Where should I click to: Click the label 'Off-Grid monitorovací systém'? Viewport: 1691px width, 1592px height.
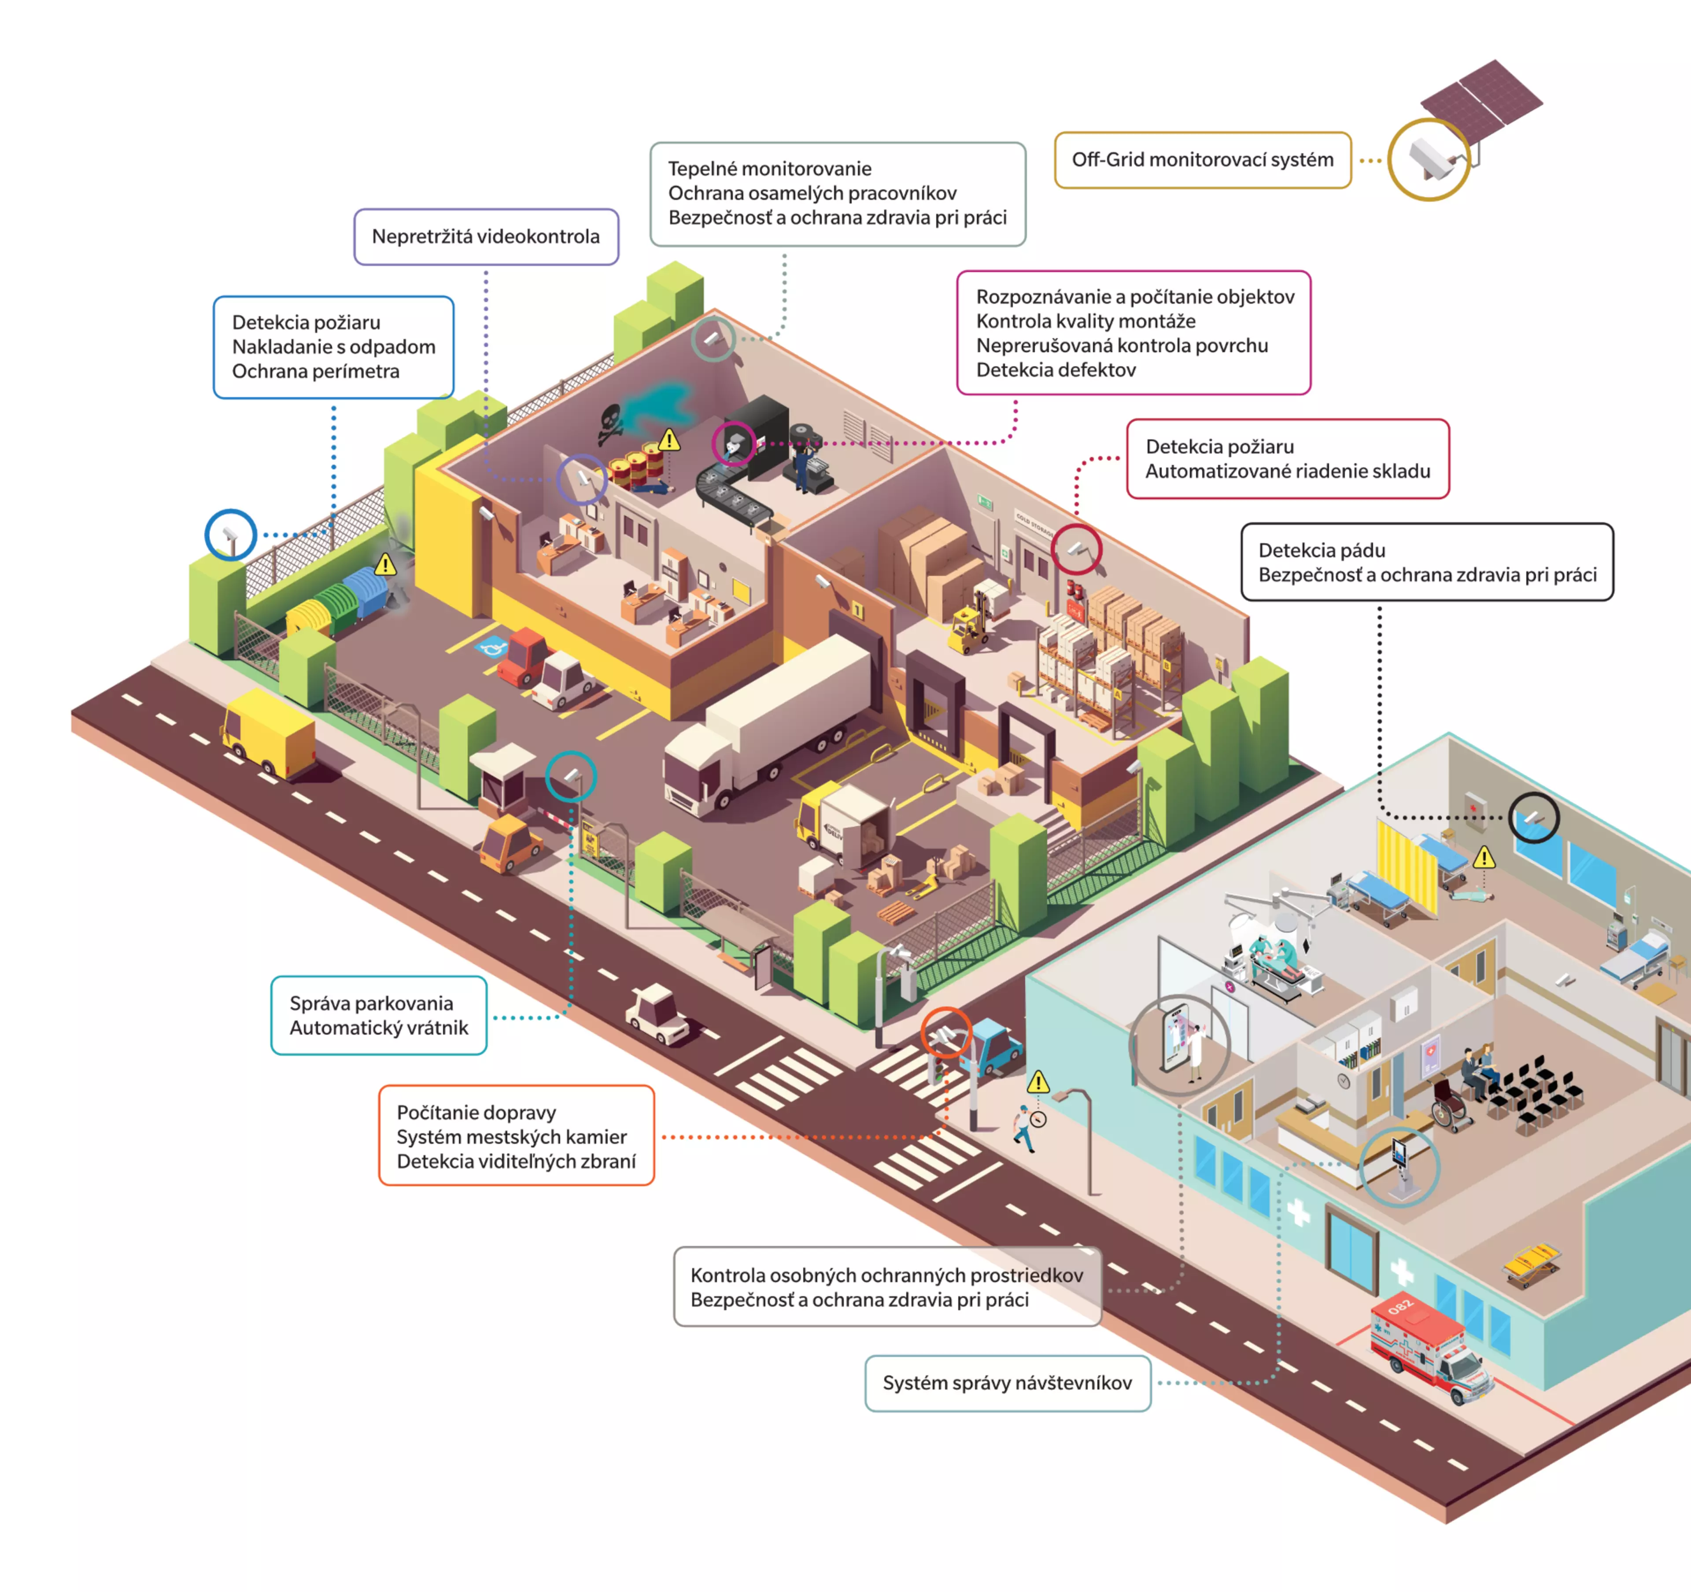(1202, 160)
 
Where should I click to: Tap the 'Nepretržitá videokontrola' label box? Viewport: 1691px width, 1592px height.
(486, 236)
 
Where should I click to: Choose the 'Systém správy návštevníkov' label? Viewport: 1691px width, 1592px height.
(1007, 1383)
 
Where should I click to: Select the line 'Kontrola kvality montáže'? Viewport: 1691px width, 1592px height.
(1085, 321)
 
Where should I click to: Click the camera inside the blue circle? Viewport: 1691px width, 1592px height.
(230, 536)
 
